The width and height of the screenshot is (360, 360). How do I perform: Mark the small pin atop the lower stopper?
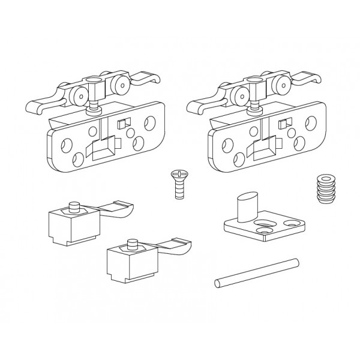tap(132, 244)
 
